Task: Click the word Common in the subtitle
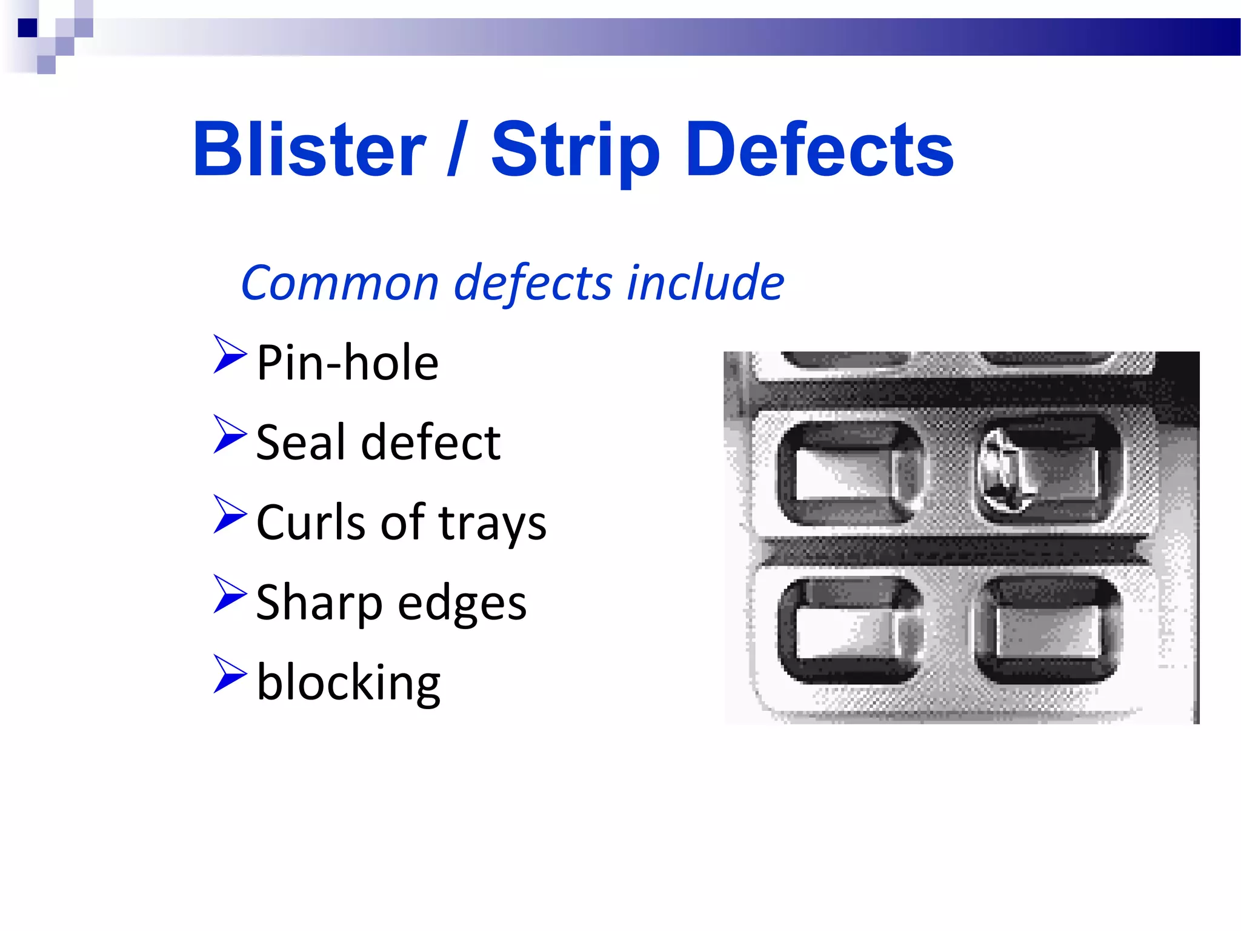coord(339,283)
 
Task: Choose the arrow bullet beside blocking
coord(230,674)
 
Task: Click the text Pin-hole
coord(347,362)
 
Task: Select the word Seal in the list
coord(301,442)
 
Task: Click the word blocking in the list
coord(348,682)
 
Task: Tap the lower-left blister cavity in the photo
coord(848,630)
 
